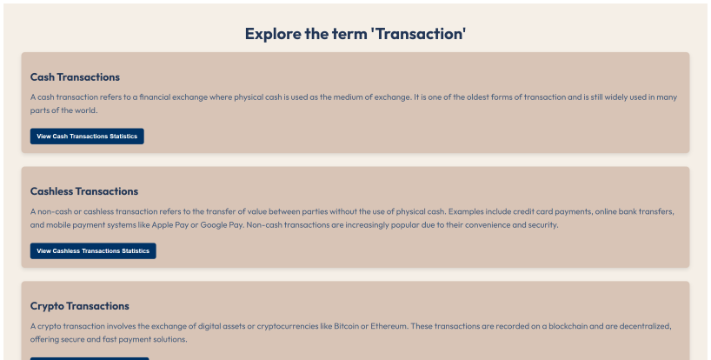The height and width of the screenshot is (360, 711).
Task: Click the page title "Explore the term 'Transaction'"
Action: coord(355,34)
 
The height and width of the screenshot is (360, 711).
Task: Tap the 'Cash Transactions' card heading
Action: coord(75,77)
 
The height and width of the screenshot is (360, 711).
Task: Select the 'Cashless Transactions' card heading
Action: coord(84,191)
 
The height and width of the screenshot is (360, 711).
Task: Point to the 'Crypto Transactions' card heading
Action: coord(79,306)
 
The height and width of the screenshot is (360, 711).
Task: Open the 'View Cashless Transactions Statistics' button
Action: coord(93,250)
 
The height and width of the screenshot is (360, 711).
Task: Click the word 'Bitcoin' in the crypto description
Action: coord(346,326)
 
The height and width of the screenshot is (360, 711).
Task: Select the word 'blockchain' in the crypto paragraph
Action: coord(568,326)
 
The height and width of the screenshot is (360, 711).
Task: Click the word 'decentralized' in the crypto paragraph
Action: coord(645,326)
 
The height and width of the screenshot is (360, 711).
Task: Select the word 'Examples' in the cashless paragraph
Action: coord(466,211)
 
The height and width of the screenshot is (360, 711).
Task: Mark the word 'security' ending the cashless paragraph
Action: coord(543,225)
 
